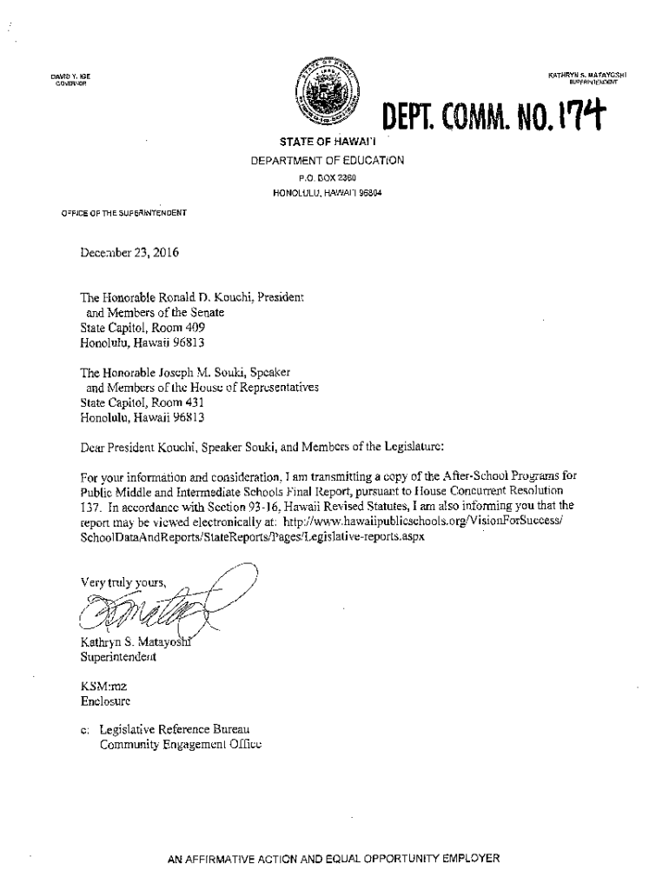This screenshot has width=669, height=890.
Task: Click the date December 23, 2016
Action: coord(123,255)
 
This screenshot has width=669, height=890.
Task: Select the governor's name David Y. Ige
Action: coord(65,76)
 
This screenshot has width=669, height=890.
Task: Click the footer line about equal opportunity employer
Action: coord(334,858)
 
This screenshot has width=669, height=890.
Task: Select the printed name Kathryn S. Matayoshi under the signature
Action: coord(131,643)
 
